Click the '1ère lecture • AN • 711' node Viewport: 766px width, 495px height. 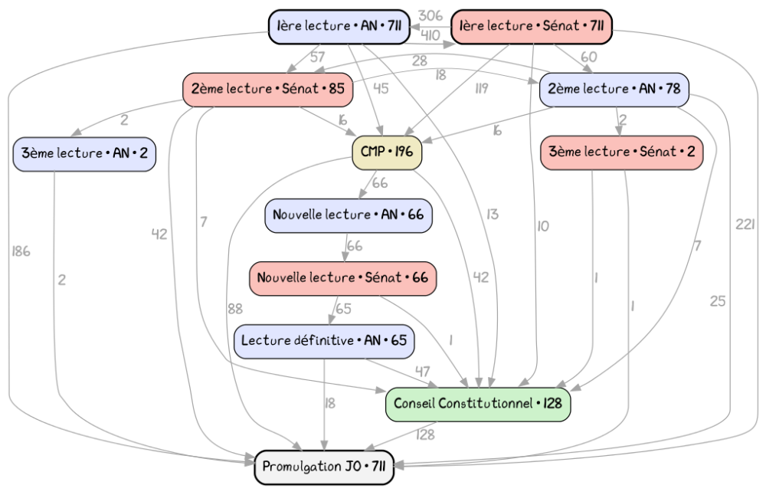pyautogui.click(x=339, y=26)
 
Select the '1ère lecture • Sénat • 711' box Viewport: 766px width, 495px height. pyautogui.click(x=532, y=26)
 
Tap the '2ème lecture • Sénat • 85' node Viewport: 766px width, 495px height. pyautogui.click(x=267, y=90)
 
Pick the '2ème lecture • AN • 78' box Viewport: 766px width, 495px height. pyautogui.click(x=614, y=90)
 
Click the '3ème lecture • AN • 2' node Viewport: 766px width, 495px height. pyautogui.click(x=84, y=154)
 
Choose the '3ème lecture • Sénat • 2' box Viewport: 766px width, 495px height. pyautogui.click(x=621, y=152)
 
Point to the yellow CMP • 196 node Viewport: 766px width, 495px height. pyautogui.click(x=386, y=152)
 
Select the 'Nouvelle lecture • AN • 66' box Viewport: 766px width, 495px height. pyautogui.click(x=349, y=215)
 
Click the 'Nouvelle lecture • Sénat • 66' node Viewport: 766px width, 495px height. pyautogui.click(x=342, y=278)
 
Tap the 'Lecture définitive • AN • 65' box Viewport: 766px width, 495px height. pyautogui.click(x=324, y=341)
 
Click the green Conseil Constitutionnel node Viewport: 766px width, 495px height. pyautogui.click(x=478, y=404)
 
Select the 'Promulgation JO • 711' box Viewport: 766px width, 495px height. pyautogui.click(x=324, y=467)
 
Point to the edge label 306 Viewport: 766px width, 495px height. pyautogui.click(x=430, y=16)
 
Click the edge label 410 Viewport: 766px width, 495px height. pyautogui.click(x=430, y=36)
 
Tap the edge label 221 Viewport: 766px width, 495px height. pyautogui.click(x=745, y=225)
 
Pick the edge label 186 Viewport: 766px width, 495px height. pyautogui.click(x=21, y=251)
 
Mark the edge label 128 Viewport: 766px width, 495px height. pyautogui.click(x=425, y=435)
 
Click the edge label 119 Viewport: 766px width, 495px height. pyautogui.click(x=481, y=88)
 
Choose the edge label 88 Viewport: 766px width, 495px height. pyautogui.click(x=235, y=310)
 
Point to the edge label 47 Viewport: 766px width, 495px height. pyautogui.click(x=423, y=372)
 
